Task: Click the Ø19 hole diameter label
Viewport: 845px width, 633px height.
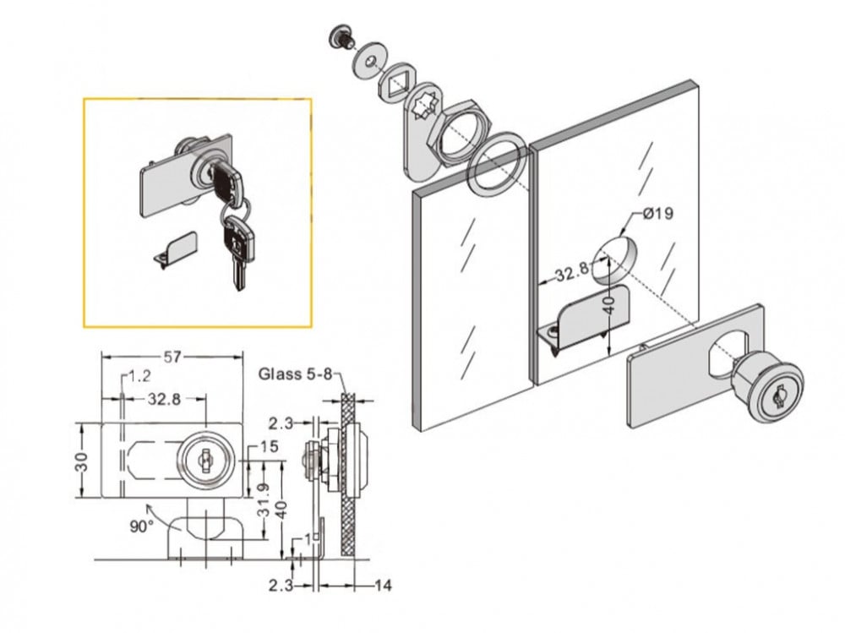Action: (x=658, y=214)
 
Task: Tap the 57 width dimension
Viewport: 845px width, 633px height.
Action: (x=172, y=357)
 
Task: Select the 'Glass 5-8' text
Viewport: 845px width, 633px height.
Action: (x=296, y=374)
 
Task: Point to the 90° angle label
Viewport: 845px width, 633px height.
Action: (x=141, y=526)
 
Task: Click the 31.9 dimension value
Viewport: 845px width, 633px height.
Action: (x=264, y=499)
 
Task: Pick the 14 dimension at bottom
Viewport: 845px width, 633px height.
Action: (x=383, y=585)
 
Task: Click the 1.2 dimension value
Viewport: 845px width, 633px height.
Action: (x=139, y=376)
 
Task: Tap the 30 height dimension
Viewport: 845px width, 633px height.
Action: (x=81, y=461)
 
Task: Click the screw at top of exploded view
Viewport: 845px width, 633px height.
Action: (x=341, y=36)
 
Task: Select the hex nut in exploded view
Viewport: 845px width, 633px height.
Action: (x=457, y=131)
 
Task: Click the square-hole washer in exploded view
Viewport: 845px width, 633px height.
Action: (x=398, y=85)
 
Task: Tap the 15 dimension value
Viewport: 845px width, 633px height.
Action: (x=270, y=446)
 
